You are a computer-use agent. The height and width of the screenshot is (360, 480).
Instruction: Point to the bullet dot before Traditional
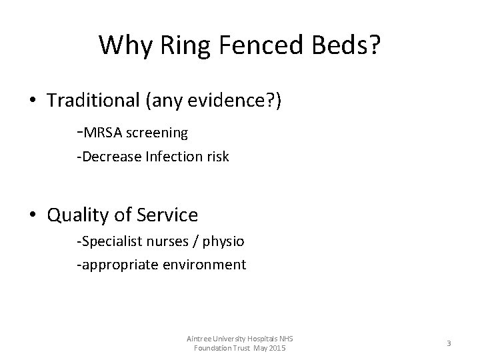(x=32, y=101)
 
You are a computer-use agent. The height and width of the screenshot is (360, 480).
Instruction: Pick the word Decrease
(x=109, y=157)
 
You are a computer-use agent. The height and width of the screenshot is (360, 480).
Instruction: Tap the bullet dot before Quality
(x=32, y=215)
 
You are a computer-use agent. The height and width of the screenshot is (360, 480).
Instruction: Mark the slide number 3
(x=449, y=343)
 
